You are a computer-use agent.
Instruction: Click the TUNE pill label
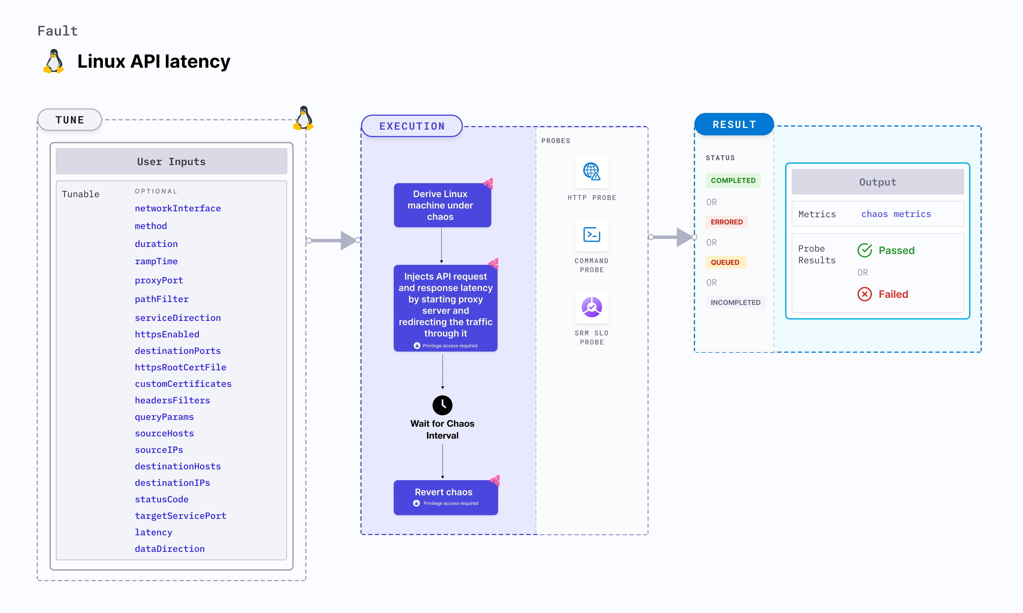click(69, 120)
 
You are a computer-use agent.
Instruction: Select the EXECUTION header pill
click(412, 126)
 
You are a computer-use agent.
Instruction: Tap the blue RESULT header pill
click(734, 124)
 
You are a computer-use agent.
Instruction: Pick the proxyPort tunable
click(158, 280)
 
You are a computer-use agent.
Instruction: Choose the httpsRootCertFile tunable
click(180, 367)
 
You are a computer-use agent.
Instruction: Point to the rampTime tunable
click(156, 261)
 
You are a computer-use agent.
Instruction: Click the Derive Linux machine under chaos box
click(442, 205)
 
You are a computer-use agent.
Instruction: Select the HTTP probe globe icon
click(591, 171)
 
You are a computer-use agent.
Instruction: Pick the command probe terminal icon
click(591, 235)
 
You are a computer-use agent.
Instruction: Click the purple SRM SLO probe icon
click(591, 307)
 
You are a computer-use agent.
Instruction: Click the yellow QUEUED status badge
click(725, 262)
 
